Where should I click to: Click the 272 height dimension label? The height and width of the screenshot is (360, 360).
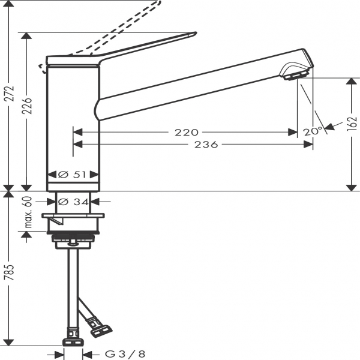click(x=10, y=94)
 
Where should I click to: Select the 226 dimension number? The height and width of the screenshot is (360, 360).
click(x=27, y=106)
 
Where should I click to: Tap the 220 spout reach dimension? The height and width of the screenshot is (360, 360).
click(x=187, y=132)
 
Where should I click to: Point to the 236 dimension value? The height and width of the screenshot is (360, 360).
click(x=206, y=145)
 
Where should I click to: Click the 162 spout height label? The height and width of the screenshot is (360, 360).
click(x=352, y=124)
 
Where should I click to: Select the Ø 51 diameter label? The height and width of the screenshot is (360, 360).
click(x=72, y=175)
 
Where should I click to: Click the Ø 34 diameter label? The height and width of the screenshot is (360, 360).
click(x=73, y=202)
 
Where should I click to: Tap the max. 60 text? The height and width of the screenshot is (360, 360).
click(x=28, y=212)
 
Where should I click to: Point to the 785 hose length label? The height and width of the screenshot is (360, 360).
click(x=10, y=272)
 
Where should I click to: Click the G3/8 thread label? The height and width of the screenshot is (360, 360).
click(x=125, y=354)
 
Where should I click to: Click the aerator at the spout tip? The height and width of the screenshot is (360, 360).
click(x=296, y=76)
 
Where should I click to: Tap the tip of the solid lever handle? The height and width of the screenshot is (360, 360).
click(x=196, y=33)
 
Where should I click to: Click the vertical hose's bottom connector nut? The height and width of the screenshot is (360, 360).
click(x=73, y=343)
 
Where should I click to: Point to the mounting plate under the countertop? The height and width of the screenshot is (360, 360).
click(x=73, y=215)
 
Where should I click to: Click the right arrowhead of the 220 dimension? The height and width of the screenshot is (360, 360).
click(x=293, y=132)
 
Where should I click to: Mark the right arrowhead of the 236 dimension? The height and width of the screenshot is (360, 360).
click(x=308, y=145)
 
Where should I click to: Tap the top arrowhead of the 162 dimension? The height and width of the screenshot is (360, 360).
click(x=351, y=82)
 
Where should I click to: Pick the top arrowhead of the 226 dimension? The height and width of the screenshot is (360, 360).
click(x=26, y=37)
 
